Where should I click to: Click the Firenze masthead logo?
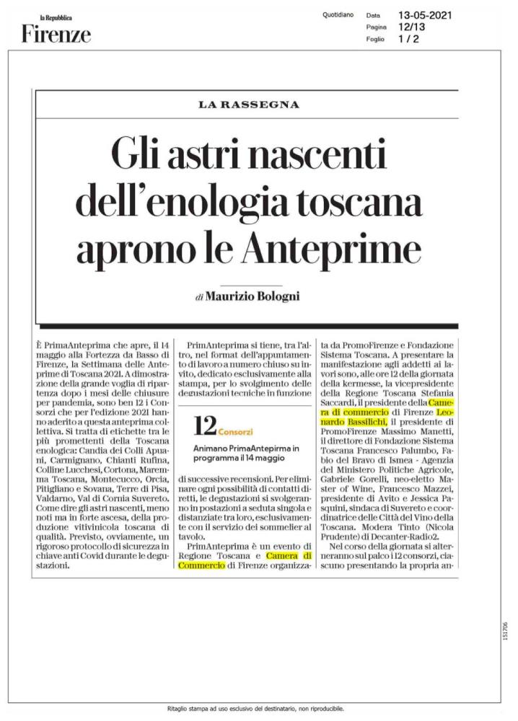[x=56, y=33]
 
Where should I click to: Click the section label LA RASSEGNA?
[x=248, y=105]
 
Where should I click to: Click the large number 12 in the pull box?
[x=204, y=427]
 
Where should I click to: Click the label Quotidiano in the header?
[x=338, y=14]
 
